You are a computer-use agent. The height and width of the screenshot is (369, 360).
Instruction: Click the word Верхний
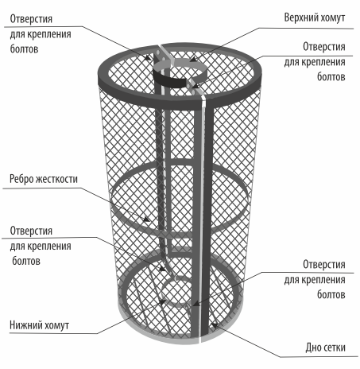[301, 17]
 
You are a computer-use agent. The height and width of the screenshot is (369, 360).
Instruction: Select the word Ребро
[21, 179]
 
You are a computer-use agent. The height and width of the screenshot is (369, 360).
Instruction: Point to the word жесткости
[56, 179]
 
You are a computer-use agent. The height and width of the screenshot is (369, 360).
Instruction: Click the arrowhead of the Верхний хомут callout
[193, 60]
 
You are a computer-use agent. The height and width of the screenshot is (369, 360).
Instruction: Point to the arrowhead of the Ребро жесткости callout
[146, 219]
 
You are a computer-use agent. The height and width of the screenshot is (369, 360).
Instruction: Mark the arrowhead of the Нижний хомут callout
[162, 302]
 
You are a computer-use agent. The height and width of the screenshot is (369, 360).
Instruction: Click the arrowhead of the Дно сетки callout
[214, 325]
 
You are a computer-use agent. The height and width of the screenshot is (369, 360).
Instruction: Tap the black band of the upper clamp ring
[169, 81]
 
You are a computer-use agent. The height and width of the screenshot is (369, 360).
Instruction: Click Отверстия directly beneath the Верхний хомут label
[324, 47]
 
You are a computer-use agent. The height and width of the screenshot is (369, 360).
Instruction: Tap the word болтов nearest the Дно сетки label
[331, 294]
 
